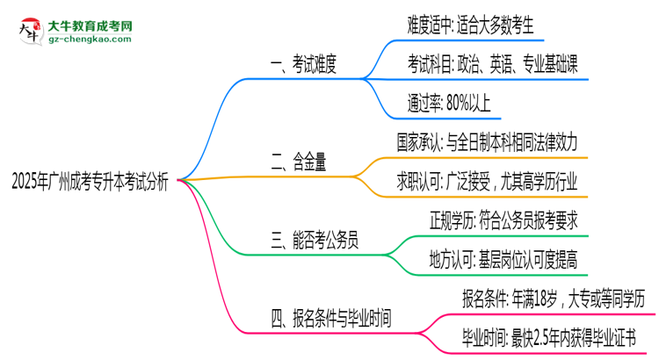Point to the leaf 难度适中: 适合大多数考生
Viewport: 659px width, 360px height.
[475, 25]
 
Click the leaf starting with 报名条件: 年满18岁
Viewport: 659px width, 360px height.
[554, 296]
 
